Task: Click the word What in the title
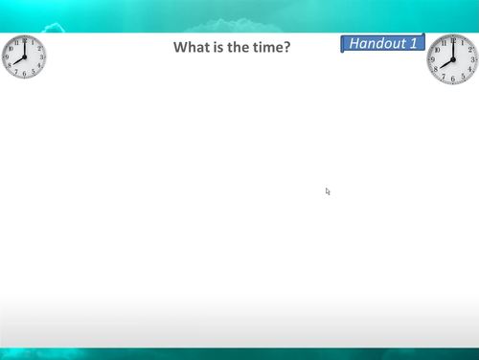190,47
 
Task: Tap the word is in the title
216,47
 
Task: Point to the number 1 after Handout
413,43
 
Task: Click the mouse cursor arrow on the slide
328,191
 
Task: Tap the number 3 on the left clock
41,56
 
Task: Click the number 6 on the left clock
24,74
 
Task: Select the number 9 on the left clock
7,56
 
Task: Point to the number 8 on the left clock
10,66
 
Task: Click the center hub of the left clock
24,56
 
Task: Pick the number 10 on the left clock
10,48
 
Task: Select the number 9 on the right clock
434,59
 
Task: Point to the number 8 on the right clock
437,69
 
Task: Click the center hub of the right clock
452,59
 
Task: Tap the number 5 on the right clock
462,76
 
